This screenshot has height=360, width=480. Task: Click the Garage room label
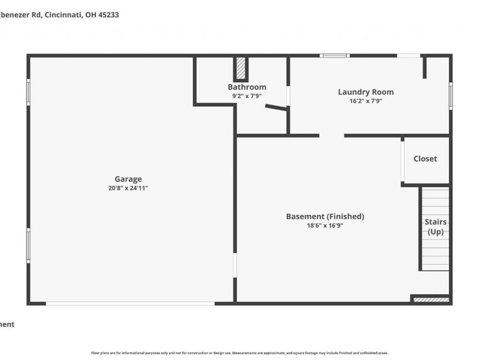128,179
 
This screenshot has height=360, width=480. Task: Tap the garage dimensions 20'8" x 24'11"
128,188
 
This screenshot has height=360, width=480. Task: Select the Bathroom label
247,87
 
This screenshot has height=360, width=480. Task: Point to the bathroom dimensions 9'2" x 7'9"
247,96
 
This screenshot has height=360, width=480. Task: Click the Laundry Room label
365,92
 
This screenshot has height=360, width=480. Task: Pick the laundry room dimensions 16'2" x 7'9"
365,101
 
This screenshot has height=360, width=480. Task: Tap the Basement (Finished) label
325,217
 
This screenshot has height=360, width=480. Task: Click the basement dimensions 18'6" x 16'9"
325,226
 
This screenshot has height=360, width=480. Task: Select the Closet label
425,159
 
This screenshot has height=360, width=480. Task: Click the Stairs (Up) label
435,227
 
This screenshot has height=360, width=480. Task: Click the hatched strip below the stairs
431,299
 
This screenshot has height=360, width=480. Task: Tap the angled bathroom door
276,108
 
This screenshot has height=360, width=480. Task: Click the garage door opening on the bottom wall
130,303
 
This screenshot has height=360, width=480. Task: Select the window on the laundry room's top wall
334,56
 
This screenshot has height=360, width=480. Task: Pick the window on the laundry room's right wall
450,96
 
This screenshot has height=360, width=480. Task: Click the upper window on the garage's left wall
28,92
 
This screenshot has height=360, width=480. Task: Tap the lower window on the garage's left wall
28,244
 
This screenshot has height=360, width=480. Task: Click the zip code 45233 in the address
108,14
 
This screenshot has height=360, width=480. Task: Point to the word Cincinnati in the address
65,14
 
